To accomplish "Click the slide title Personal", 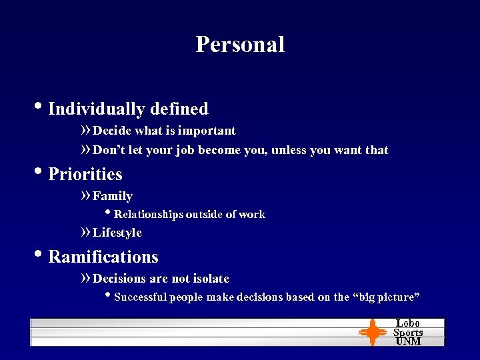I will [240, 44].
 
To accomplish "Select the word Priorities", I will [85, 174].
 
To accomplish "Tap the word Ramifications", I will [103, 257].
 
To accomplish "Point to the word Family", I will [113, 196].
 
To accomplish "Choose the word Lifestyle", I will [117, 233].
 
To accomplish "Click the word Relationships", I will [149, 215].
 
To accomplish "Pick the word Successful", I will [141, 297].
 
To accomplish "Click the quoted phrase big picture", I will [386, 297].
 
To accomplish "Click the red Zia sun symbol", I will [373, 332].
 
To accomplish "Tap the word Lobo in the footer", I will [408, 323].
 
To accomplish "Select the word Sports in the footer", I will [408, 332].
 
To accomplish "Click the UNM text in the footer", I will [408, 341].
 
